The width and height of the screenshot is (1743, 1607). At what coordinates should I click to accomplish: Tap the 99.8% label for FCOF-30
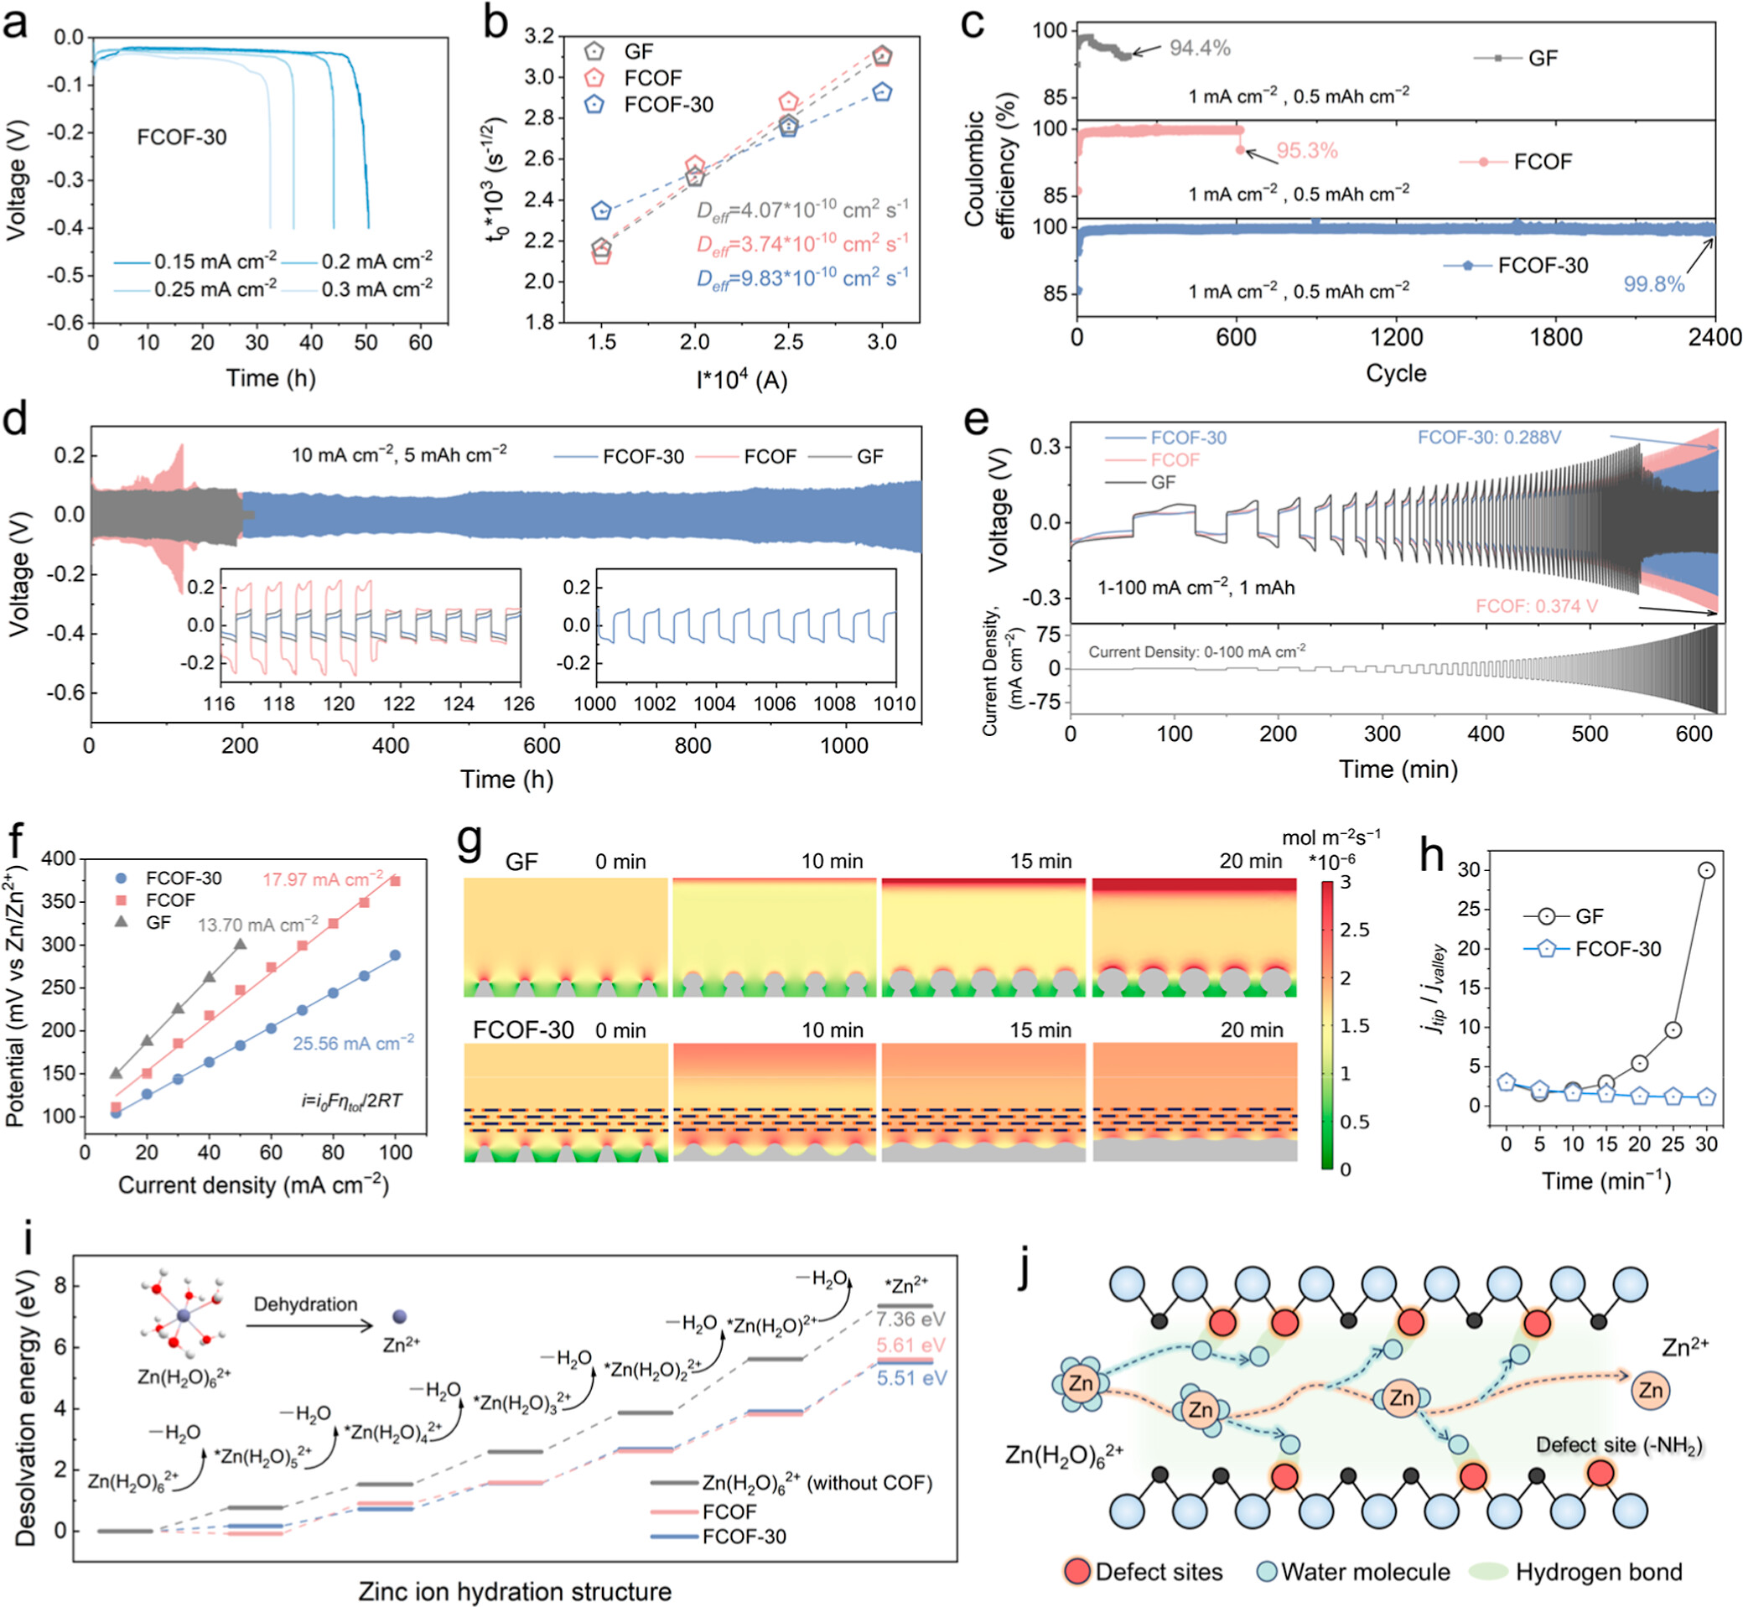click(x=1653, y=284)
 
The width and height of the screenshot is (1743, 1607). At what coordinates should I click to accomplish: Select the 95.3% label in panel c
click(x=1306, y=150)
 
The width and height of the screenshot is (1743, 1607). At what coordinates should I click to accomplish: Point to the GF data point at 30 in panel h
click(x=1706, y=870)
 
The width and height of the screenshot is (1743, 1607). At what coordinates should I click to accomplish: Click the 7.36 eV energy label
click(x=910, y=1319)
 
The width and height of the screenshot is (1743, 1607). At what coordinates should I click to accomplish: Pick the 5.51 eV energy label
click(x=910, y=1377)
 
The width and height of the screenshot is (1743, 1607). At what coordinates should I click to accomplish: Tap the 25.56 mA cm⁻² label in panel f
click(x=353, y=1044)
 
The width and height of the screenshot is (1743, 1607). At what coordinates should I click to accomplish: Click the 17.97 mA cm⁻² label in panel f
click(x=323, y=879)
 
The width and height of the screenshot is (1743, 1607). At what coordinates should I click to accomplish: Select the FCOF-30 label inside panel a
click(x=182, y=137)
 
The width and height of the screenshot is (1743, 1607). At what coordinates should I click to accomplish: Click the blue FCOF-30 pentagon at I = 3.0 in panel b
click(x=882, y=92)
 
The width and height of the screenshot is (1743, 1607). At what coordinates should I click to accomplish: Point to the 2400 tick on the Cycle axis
click(x=1714, y=337)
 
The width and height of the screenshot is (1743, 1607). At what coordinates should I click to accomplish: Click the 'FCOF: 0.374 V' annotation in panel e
click(x=1536, y=606)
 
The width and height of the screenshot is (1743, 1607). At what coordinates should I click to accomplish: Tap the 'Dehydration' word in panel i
click(x=305, y=1304)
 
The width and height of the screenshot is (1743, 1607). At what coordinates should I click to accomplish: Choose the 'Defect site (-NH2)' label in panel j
click(x=1619, y=1445)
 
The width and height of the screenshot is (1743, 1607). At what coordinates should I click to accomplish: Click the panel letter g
click(x=469, y=841)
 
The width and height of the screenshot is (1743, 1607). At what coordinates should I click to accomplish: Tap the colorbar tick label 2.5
click(x=1355, y=930)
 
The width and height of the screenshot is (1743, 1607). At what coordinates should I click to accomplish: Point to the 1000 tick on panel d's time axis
click(x=843, y=745)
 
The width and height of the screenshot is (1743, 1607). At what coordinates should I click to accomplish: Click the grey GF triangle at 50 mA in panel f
click(x=241, y=945)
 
